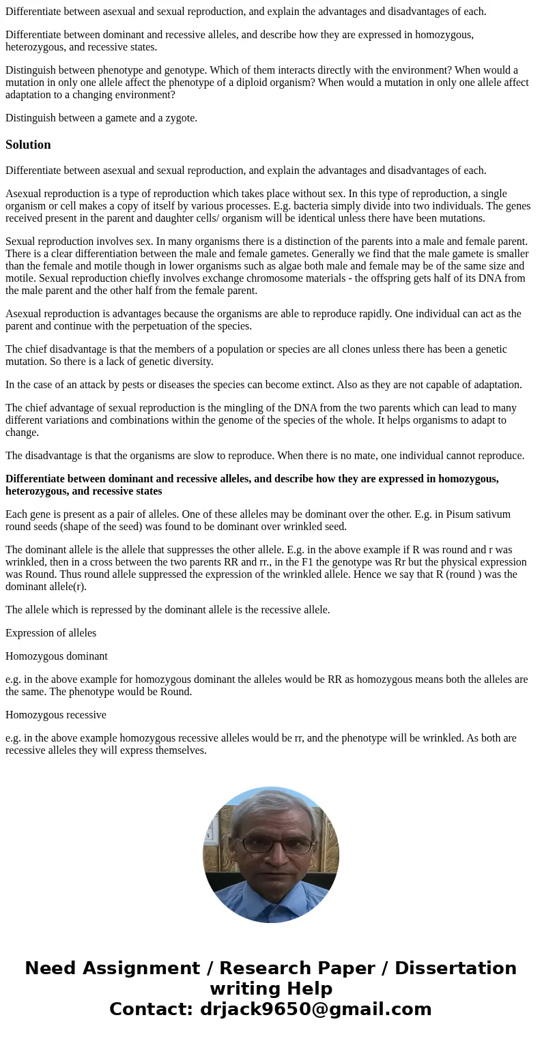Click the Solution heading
click(x=28, y=145)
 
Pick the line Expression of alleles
click(x=51, y=633)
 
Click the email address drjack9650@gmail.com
click(x=315, y=1010)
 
